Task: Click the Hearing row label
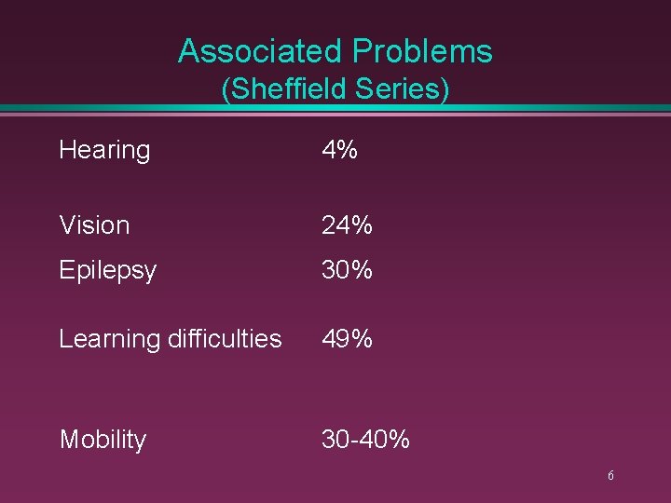tap(104, 150)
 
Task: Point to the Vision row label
tap(94, 224)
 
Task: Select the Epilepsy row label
tap(107, 271)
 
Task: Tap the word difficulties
tap(224, 339)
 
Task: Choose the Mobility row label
tap(103, 440)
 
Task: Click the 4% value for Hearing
tap(339, 150)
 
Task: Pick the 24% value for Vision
tap(347, 224)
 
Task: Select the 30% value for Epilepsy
tap(347, 270)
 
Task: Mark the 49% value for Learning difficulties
tap(347, 339)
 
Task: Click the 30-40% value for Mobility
tap(365, 439)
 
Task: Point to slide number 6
tap(610, 476)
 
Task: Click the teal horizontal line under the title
tap(335, 109)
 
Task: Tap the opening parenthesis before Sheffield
tap(226, 90)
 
